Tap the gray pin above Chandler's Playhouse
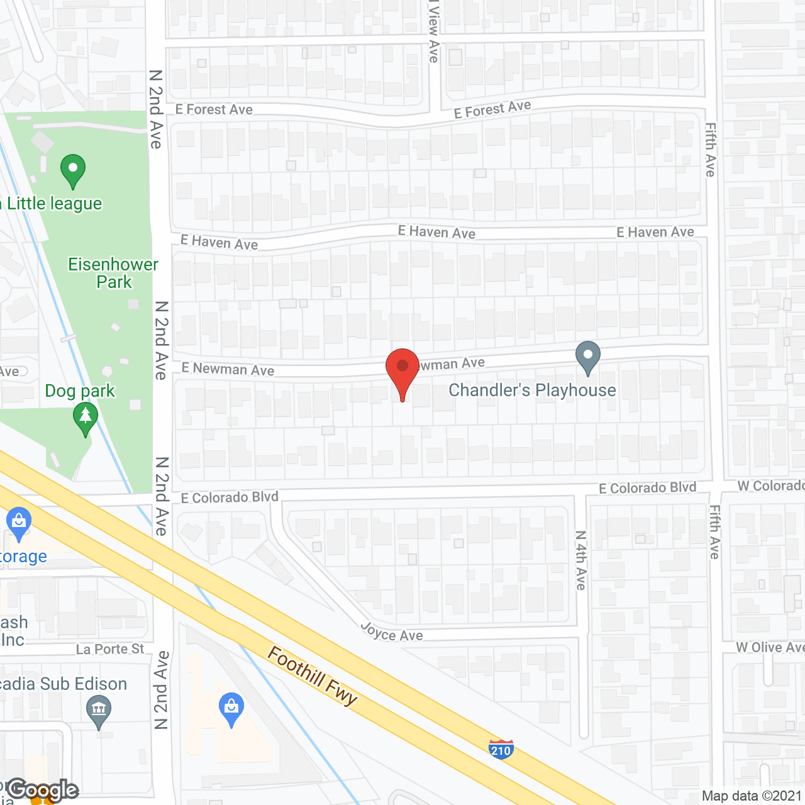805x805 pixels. (587, 357)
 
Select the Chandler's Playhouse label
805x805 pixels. (532, 391)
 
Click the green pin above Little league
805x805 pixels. (73, 170)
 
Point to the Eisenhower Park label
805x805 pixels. (113, 273)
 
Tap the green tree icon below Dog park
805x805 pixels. (85, 418)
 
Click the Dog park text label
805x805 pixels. (80, 391)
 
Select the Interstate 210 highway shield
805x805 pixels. (501, 750)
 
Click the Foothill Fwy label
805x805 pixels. (313, 675)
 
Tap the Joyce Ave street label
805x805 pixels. (391, 632)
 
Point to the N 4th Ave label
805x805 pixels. (580, 560)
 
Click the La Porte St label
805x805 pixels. (110, 649)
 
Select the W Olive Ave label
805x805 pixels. (770, 647)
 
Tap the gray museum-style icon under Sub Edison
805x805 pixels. (98, 711)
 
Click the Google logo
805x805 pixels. (43, 790)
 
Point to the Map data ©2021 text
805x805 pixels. (752, 796)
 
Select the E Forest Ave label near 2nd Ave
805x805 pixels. (214, 110)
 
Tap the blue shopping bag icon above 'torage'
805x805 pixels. (18, 523)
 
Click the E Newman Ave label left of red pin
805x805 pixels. (228, 369)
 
